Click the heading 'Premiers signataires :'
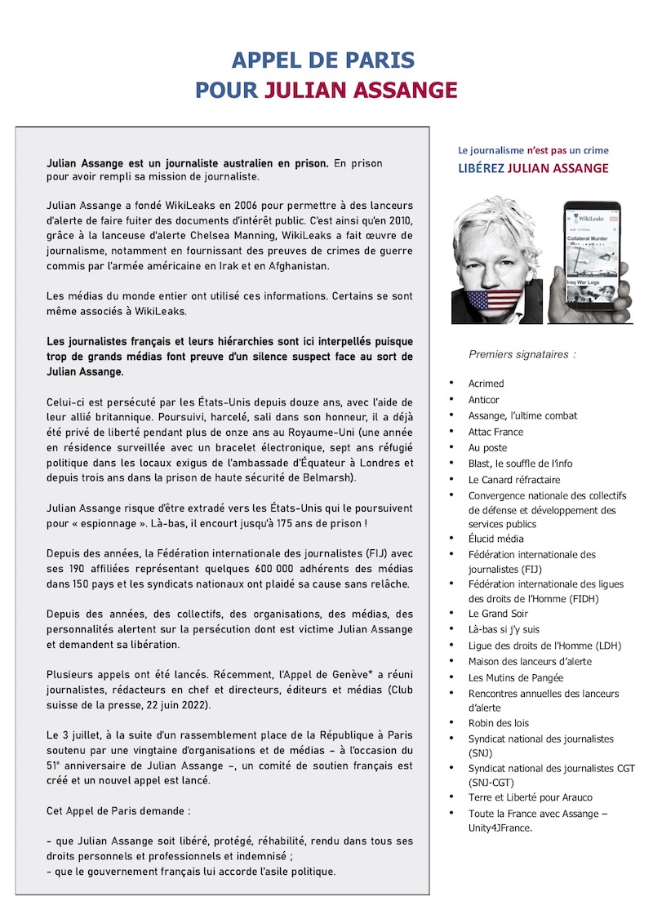(522, 354)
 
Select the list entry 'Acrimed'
(486, 384)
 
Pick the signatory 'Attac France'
(495, 432)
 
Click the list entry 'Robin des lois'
(498, 723)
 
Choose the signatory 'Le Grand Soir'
(497, 613)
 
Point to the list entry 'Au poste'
(487, 448)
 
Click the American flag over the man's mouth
(491, 300)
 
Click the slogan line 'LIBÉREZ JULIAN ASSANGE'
(533, 169)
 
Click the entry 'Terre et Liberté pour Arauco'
(530, 797)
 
